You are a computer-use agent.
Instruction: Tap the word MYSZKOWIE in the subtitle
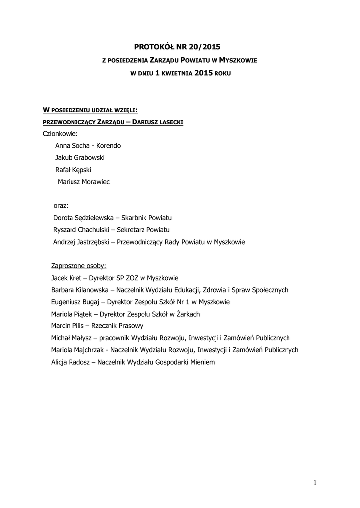238,60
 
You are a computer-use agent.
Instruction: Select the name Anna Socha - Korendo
88,146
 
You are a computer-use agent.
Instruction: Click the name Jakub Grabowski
80,158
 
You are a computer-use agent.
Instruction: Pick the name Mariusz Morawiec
84,182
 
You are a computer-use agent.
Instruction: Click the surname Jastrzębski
94,242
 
